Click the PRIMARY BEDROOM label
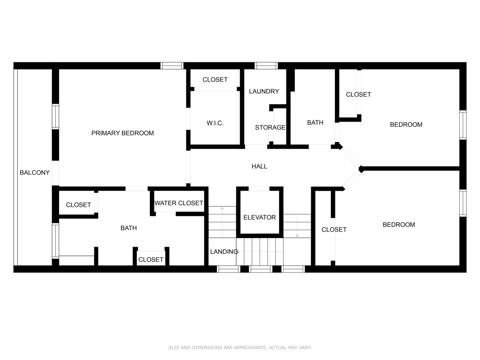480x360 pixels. pos(122,133)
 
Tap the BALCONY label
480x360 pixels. pos(34,173)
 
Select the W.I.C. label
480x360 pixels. pos(215,123)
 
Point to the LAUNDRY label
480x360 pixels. pos(264,91)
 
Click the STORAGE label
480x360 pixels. pos(270,128)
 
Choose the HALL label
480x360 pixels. pos(259,166)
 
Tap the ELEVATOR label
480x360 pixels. pos(260,218)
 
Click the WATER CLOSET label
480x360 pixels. pos(179,203)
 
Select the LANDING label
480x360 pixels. pos(224,252)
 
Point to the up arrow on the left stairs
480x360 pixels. pos(222,222)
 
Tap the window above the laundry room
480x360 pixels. pos(266,66)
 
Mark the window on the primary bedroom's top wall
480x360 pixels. pos(172,66)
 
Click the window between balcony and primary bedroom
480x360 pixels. pos(56,117)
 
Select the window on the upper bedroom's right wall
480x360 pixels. pos(463,125)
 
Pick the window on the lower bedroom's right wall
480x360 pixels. pos(463,203)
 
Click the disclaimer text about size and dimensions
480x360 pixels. pos(240,348)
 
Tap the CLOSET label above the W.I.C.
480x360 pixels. pos(215,80)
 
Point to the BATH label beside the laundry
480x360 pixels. pos(315,123)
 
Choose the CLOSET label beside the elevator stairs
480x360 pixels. pos(334,230)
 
